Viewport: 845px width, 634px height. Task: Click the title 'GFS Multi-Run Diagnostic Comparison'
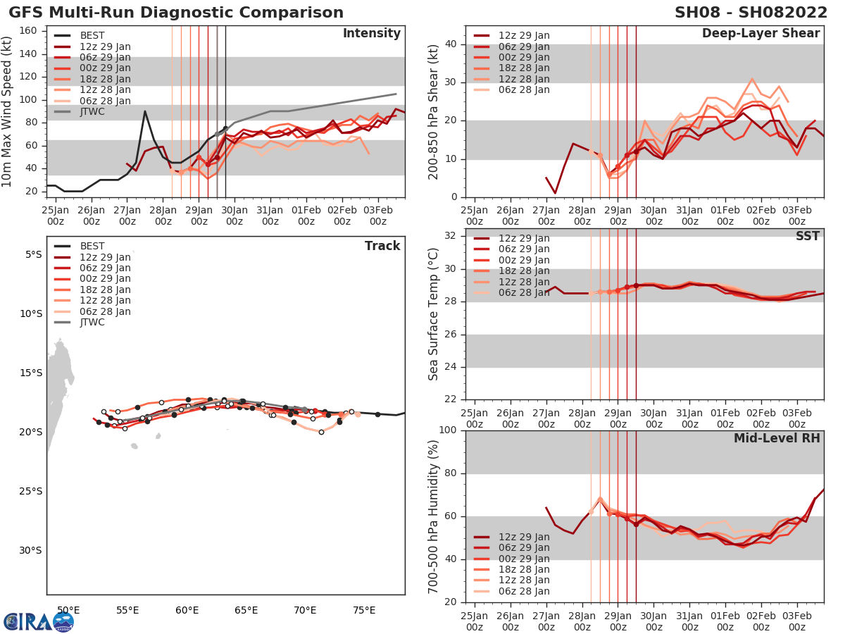(x=176, y=13)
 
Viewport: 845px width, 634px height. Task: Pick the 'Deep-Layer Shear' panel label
(x=760, y=34)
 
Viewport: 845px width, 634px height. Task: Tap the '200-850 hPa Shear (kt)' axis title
(x=434, y=113)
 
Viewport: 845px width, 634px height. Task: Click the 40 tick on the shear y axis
(x=451, y=44)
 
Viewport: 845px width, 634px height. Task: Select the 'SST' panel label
(x=807, y=236)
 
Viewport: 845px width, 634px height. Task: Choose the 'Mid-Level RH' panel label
(x=777, y=439)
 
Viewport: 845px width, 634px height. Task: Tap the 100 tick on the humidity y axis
(x=448, y=430)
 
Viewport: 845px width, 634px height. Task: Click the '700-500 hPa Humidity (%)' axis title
(x=434, y=516)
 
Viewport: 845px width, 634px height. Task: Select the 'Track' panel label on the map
(x=382, y=246)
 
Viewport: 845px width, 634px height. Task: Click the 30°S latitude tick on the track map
(x=31, y=551)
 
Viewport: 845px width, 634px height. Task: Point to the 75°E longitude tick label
(x=364, y=610)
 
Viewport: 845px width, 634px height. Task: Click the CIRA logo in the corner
(x=38, y=621)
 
